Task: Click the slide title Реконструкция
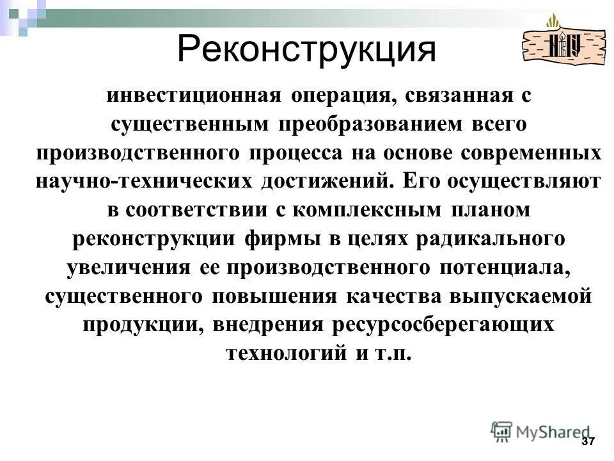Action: point(306,49)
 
